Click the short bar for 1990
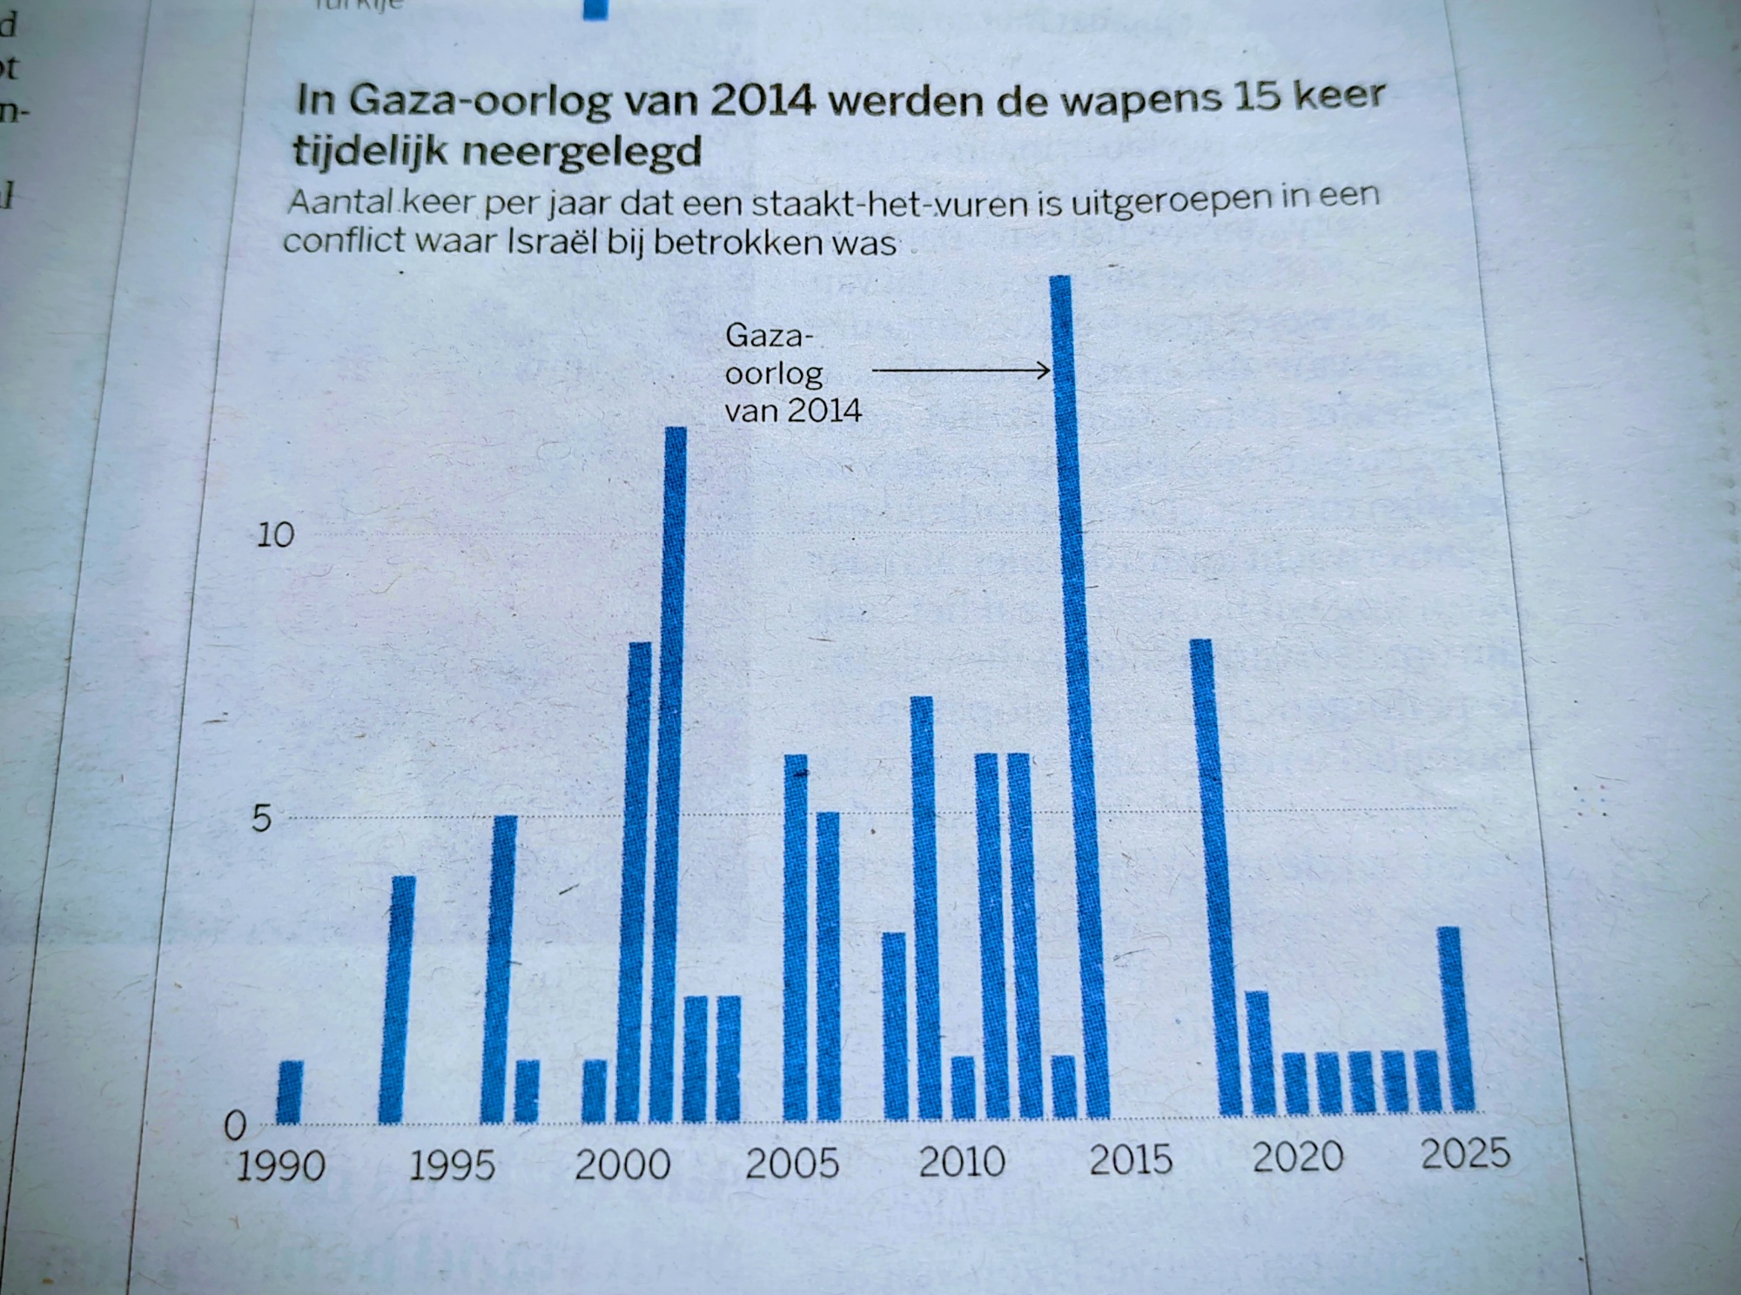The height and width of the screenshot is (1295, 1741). pos(290,1091)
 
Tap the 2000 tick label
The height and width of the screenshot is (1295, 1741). pos(622,1164)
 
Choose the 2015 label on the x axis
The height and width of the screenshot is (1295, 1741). pos(1131,1160)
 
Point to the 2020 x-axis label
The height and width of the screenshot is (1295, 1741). pos(1297,1157)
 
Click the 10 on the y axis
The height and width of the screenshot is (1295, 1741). pos(275,535)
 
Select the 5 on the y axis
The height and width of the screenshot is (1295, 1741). pos(261,819)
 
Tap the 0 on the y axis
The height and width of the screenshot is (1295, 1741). pos(235,1127)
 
